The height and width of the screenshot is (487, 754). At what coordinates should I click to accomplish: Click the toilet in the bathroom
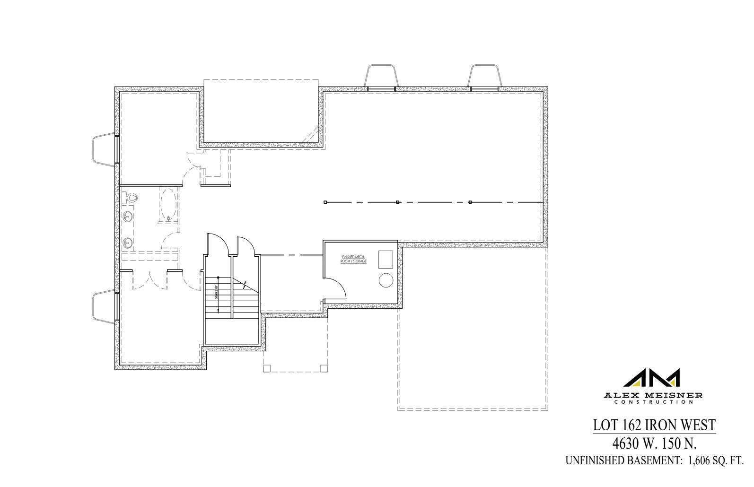pyautogui.click(x=129, y=198)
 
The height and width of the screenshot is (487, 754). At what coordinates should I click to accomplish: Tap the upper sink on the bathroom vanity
pyautogui.click(x=127, y=217)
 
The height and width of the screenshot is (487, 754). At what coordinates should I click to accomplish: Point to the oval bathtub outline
pyautogui.click(x=168, y=205)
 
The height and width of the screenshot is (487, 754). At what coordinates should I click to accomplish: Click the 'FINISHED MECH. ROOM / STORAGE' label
pyautogui.click(x=354, y=259)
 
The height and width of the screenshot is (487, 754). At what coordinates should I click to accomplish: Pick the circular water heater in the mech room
pyautogui.click(x=386, y=280)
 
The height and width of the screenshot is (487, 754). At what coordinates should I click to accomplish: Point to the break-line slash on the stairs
pyautogui.click(x=244, y=285)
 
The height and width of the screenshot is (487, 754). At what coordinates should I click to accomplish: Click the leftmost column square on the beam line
pyautogui.click(x=325, y=202)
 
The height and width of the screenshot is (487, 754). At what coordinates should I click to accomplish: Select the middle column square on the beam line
pyautogui.click(x=398, y=202)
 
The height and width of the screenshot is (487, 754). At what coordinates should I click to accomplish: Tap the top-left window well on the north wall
pyautogui.click(x=381, y=76)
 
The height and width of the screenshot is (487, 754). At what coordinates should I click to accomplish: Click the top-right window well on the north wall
pyautogui.click(x=484, y=76)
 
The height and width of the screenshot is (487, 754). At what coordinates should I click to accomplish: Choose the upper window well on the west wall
pyautogui.click(x=104, y=150)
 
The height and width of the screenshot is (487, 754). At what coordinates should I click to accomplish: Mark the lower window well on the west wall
pyautogui.click(x=104, y=307)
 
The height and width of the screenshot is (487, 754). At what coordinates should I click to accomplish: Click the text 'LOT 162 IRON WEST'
pyautogui.click(x=654, y=425)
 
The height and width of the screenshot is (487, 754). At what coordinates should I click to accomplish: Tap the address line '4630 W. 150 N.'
pyautogui.click(x=655, y=444)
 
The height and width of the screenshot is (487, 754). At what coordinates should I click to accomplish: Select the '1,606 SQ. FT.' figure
pyautogui.click(x=716, y=461)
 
